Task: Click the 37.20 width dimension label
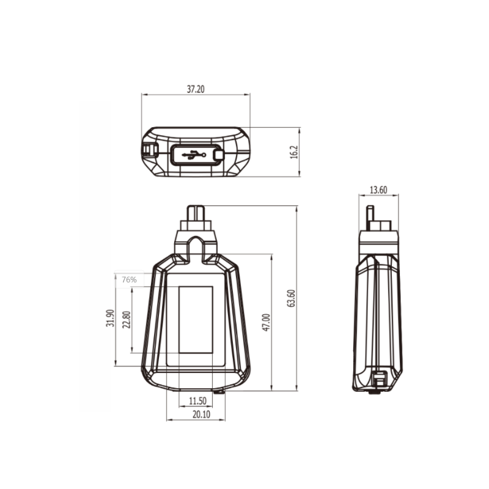[196, 89]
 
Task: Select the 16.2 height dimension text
[293, 152]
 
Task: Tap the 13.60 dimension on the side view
[379, 189]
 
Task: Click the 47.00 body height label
[265, 323]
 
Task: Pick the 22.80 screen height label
[127, 320]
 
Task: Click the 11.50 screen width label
[197, 401]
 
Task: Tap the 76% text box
[128, 279]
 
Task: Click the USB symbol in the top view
[195, 155]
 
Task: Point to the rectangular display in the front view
[196, 319]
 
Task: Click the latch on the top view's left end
[149, 149]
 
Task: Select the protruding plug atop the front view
[196, 216]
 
